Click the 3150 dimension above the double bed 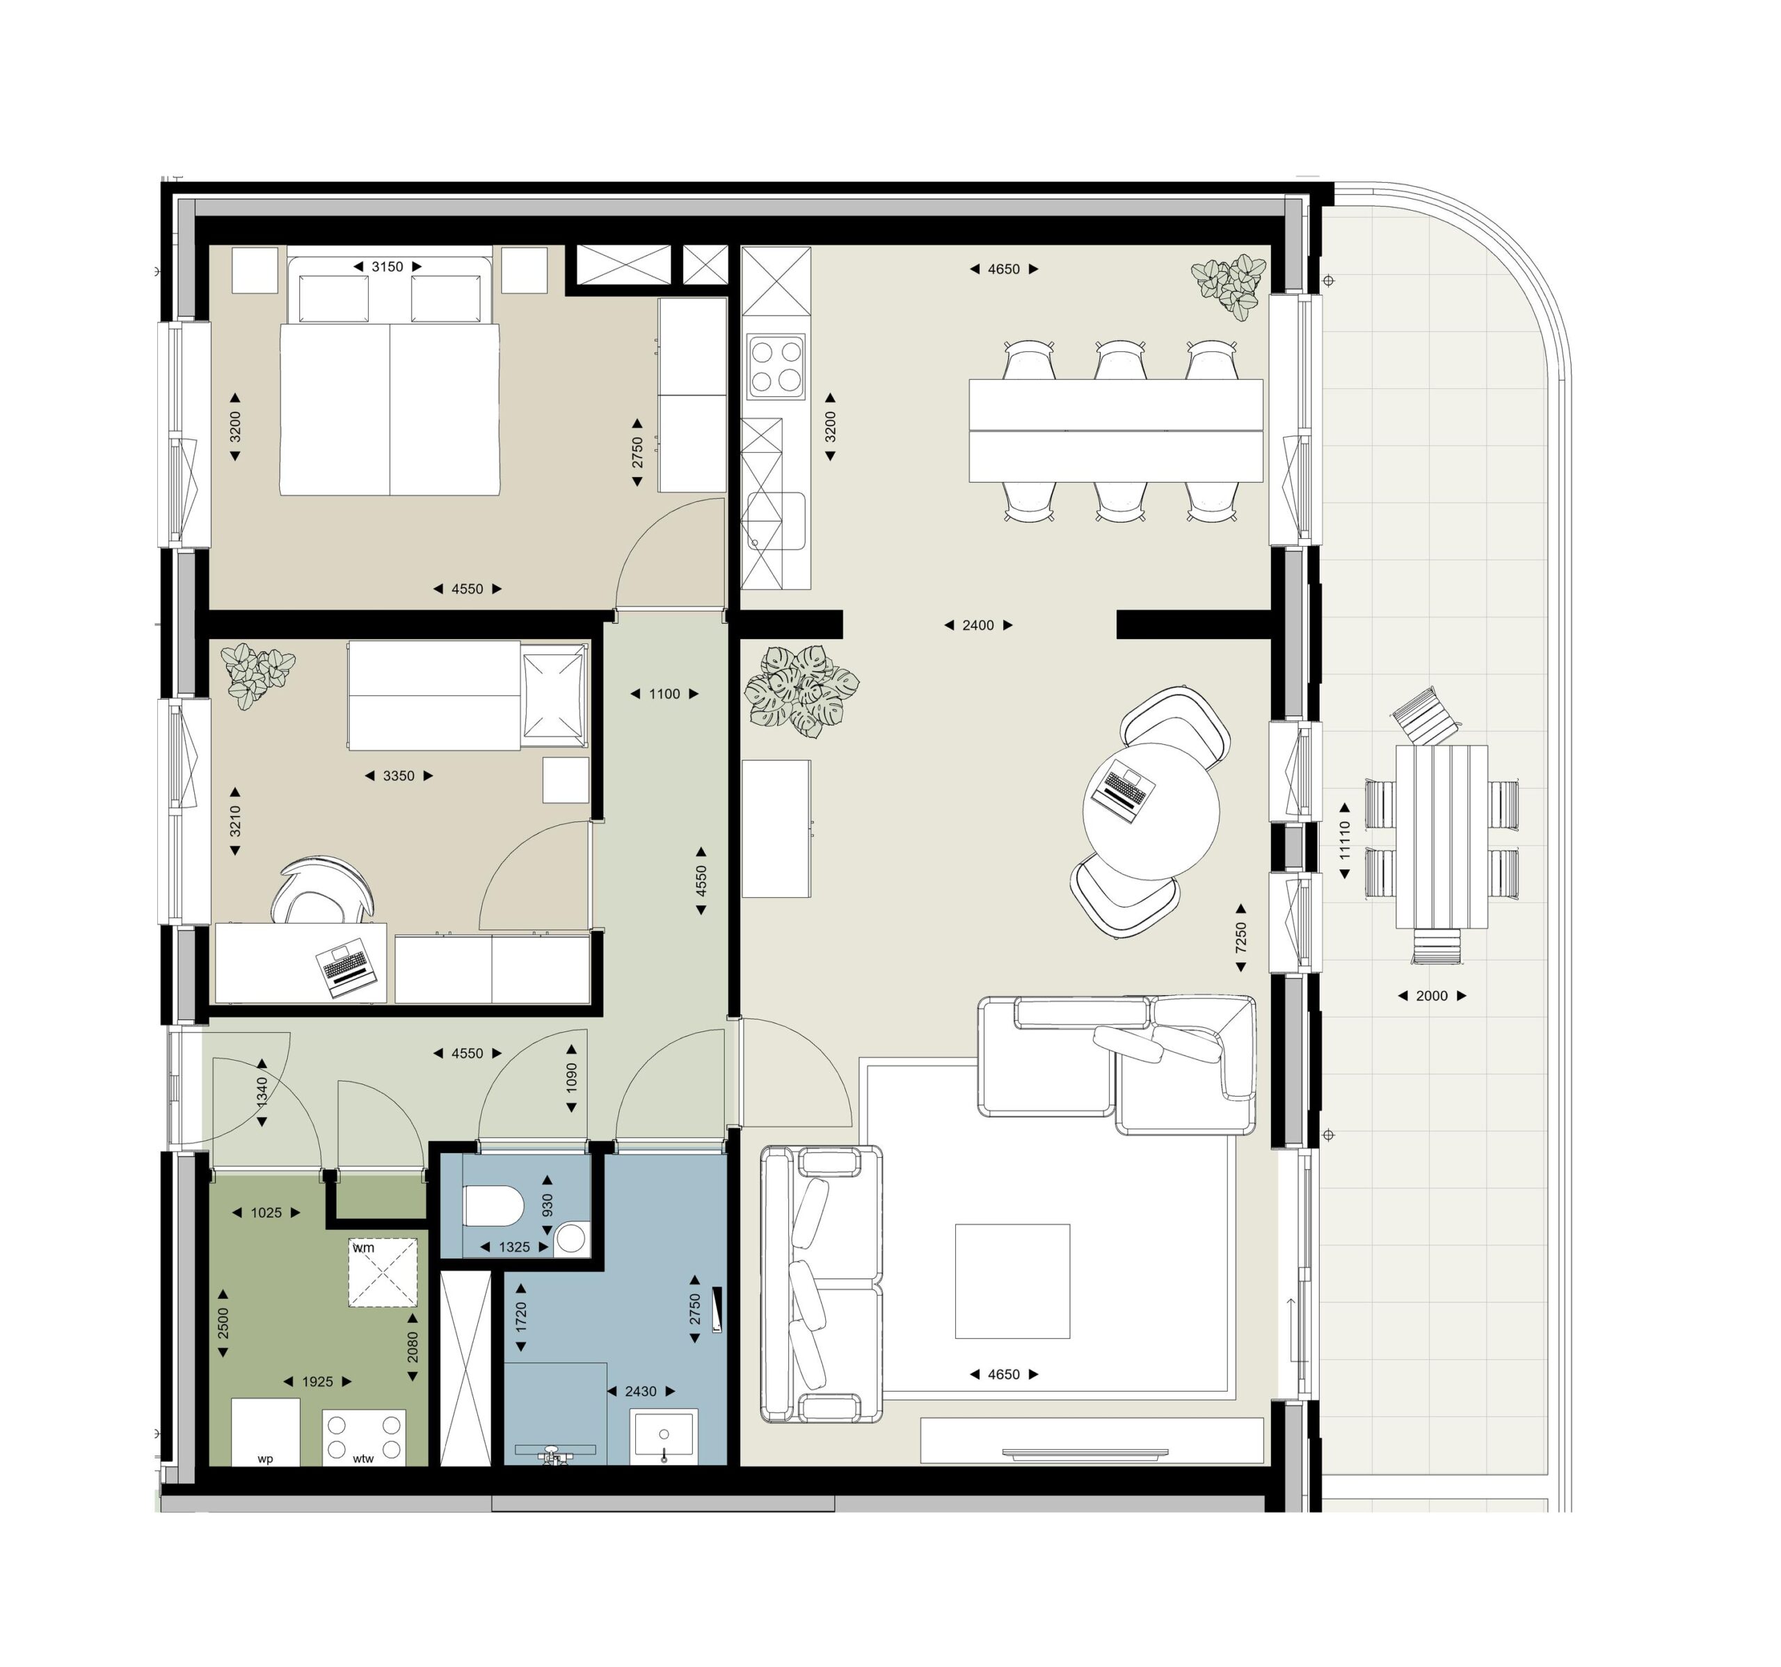(x=387, y=267)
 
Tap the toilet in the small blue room (x=493, y=1206)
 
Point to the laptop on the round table (x=1123, y=791)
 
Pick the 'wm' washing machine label (x=364, y=1248)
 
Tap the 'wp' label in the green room (x=265, y=1459)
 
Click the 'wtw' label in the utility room (x=363, y=1459)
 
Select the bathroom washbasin (x=664, y=1436)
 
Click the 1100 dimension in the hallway (x=664, y=693)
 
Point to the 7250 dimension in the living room (x=1241, y=938)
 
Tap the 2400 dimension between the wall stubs (x=978, y=625)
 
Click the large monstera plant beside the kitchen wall (x=800, y=691)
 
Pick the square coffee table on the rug (x=1012, y=1281)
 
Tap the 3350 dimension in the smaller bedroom (x=399, y=775)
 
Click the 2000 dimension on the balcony (x=1432, y=995)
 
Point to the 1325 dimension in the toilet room (x=514, y=1247)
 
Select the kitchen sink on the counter (x=775, y=522)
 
